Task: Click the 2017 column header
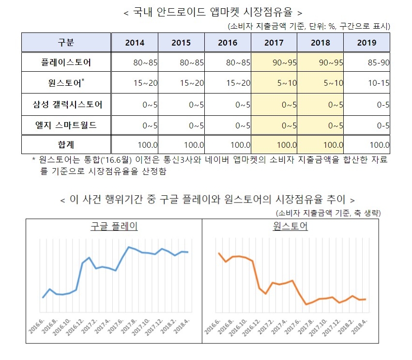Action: [274, 43]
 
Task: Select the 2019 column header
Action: [366, 43]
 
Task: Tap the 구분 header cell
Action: [66, 43]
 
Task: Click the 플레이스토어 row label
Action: [66, 63]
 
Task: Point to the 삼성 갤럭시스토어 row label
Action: [66, 104]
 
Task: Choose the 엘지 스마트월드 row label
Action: [66, 125]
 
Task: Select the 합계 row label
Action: [66, 144]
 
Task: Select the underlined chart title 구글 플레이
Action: [114, 226]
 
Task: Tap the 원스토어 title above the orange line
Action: [290, 226]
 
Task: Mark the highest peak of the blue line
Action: [129, 247]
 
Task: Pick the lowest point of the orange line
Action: [306, 304]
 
